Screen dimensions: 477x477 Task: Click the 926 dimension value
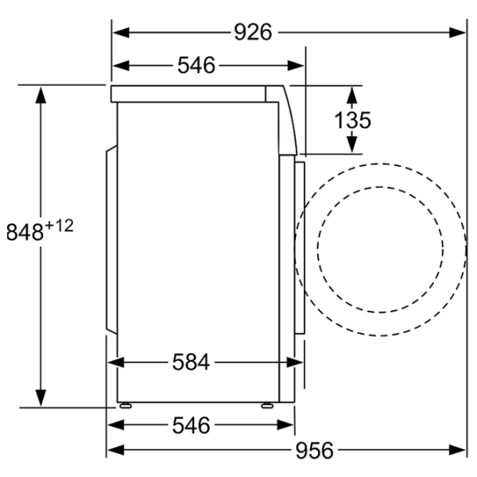[253, 33]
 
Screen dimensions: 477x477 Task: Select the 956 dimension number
[314, 451]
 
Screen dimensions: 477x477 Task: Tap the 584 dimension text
[191, 363]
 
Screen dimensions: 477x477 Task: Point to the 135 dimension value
[352, 120]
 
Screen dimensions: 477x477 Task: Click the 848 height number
[25, 232]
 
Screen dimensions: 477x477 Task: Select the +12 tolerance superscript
[59, 227]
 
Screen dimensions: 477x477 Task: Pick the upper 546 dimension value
[196, 65]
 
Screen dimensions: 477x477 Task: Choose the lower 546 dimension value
[191, 425]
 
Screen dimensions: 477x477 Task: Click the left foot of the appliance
[126, 405]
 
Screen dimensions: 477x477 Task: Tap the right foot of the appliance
[267, 405]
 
